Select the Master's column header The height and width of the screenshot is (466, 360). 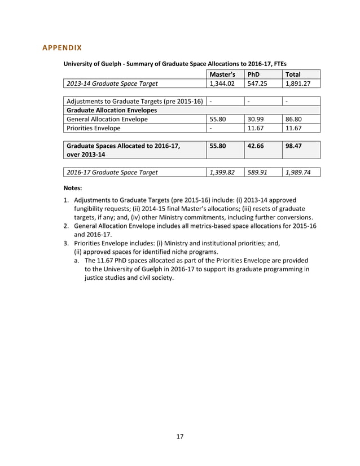222,74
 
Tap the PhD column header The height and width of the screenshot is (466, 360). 253,74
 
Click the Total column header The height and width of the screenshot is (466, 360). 293,74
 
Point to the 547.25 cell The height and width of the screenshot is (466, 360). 257,84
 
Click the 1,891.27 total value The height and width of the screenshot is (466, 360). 298,84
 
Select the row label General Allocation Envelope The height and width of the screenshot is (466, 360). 107,119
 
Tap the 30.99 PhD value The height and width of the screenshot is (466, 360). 256,119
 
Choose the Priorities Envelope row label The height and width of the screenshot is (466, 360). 94,128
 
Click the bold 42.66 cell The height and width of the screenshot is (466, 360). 257,146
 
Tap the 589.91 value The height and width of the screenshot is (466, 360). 257,172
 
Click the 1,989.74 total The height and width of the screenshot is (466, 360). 298,172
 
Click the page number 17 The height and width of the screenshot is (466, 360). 179,436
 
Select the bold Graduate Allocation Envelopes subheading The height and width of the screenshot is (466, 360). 111,110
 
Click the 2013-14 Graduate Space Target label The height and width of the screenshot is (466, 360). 112,84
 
